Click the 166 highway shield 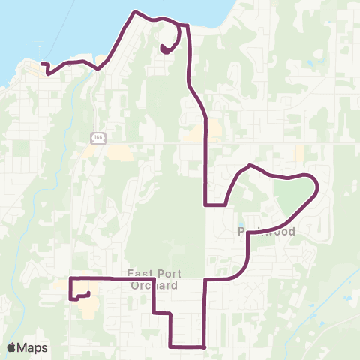[97, 138]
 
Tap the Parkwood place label [266, 232]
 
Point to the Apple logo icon [11, 347]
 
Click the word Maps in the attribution [33, 347]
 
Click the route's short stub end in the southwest [89, 293]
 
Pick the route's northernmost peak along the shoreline [134, 12]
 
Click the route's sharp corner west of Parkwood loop [205, 204]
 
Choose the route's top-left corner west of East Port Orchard [70, 278]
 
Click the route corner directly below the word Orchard [154, 312]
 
